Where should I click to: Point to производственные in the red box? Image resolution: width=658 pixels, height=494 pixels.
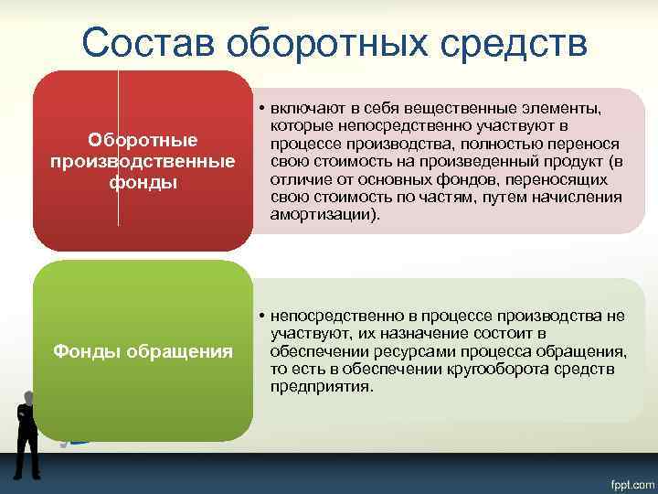pyautogui.click(x=143, y=161)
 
